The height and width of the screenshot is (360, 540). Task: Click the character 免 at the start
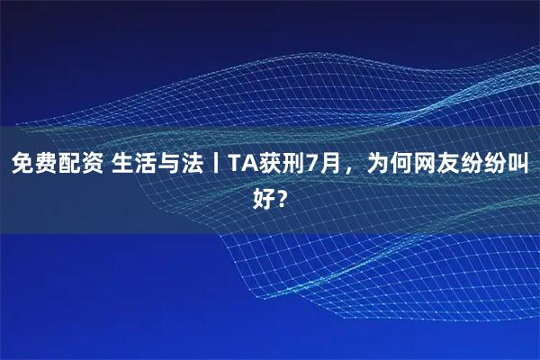tap(22, 164)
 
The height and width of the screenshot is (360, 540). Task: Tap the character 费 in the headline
tap(46, 164)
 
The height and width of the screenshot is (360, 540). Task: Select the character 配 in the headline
tap(69, 164)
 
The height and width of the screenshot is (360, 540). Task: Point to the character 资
tap(93, 164)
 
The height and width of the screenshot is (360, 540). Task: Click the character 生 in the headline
tap(123, 164)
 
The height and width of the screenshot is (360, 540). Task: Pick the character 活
tap(147, 164)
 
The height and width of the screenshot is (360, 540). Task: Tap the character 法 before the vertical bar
tap(193, 164)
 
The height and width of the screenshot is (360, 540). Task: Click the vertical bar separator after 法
tap(214, 164)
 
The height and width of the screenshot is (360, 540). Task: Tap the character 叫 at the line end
tap(518, 164)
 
